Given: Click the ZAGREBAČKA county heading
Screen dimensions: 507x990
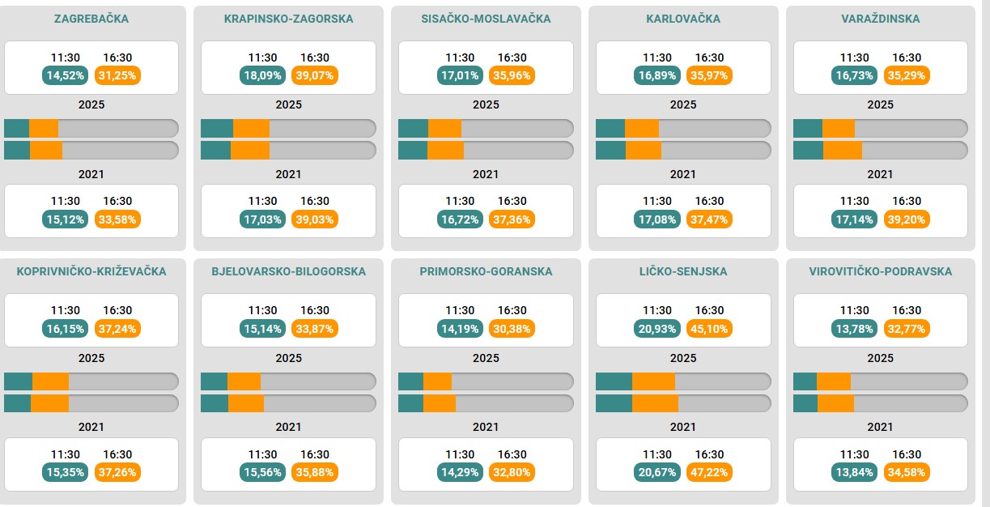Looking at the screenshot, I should click(91, 19).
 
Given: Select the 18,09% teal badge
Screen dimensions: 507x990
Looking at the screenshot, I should click(262, 75).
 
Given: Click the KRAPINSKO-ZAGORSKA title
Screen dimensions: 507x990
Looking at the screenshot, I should click(288, 19).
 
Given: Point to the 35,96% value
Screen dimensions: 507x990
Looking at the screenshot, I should click(512, 75).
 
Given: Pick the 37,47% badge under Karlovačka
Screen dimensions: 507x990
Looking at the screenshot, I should click(709, 219).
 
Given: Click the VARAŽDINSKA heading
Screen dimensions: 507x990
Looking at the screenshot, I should click(880, 19).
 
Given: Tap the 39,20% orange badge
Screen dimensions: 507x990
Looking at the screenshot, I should click(907, 219).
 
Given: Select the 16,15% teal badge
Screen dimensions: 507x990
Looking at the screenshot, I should click(65, 328).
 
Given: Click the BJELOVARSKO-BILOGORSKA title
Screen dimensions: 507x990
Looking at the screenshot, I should click(288, 271).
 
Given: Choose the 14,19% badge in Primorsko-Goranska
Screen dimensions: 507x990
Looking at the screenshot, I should click(460, 328).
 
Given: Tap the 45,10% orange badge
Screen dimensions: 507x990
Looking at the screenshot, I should click(709, 328).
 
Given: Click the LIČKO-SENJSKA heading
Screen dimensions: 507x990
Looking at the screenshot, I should click(683, 271).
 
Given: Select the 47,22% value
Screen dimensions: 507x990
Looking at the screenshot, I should click(709, 472).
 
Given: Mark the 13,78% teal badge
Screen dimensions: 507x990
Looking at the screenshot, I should click(854, 328).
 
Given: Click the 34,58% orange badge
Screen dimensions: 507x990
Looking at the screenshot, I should click(907, 472).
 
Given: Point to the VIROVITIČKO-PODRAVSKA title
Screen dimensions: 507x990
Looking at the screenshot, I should click(880, 271).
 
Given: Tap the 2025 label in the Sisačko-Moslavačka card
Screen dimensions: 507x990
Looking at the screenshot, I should click(486, 104).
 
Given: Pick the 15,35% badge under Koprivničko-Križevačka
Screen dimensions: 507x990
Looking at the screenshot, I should click(65, 472).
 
